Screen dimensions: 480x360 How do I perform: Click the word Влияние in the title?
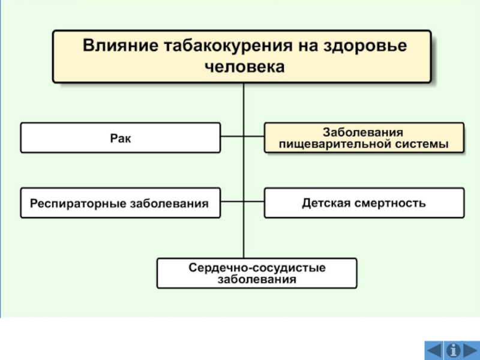coord(121,46)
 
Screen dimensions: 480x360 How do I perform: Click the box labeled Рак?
coord(121,138)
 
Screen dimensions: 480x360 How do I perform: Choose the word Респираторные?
coord(78,204)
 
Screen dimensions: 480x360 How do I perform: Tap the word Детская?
coord(328,203)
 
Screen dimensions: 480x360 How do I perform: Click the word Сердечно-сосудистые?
coord(257,268)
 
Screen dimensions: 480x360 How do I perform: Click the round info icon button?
coord(454,350)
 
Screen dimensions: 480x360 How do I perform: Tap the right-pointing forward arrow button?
coord(470,350)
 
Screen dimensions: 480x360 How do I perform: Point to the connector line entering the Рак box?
coord(232,136)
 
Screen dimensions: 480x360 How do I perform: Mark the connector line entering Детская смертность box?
coord(254,202)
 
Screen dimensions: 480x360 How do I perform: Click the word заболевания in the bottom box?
coord(257,280)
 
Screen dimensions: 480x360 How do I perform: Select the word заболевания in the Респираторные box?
coord(169,204)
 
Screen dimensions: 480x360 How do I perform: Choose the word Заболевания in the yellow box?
coord(363,133)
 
